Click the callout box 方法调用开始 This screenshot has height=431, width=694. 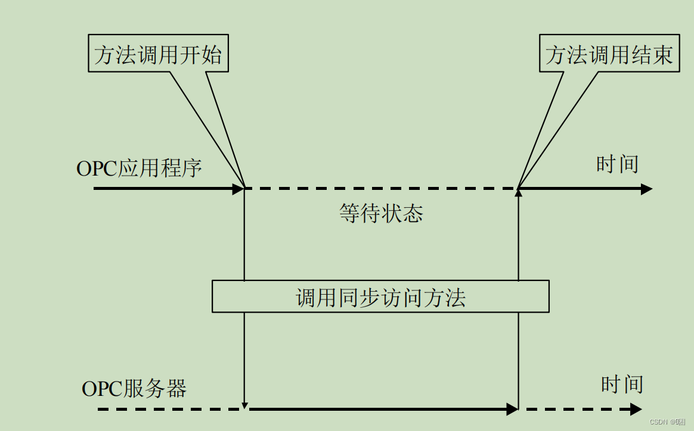click(x=158, y=55)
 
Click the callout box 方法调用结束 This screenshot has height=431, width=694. click(x=609, y=55)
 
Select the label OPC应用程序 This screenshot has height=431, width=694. click(x=139, y=168)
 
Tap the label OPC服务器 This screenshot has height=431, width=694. click(x=134, y=389)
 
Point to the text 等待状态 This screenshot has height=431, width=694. click(x=381, y=213)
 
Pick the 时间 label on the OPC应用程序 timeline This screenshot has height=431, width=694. click(x=617, y=164)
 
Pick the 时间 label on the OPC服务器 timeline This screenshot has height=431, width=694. click(x=622, y=384)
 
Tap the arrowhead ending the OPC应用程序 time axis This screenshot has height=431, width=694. click(x=647, y=189)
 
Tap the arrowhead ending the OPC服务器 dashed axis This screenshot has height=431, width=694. click(x=637, y=410)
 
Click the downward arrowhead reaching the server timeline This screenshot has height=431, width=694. click(x=244, y=405)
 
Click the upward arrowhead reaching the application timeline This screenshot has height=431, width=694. click(x=519, y=193)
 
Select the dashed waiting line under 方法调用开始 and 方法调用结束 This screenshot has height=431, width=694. click(x=382, y=189)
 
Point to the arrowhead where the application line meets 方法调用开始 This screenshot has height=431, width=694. click(x=239, y=189)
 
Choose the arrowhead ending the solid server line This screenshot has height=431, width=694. click(x=512, y=410)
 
